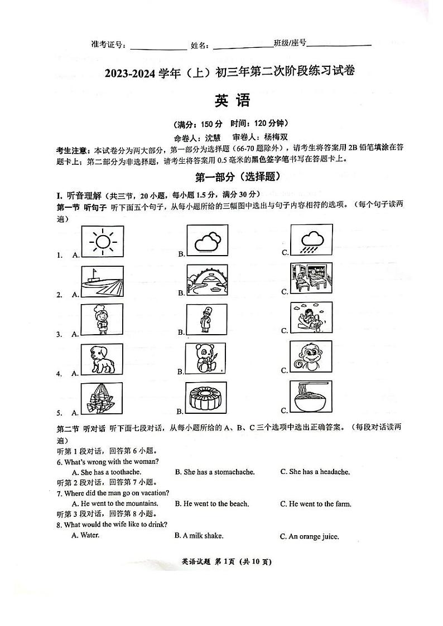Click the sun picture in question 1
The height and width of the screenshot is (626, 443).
coord(103,241)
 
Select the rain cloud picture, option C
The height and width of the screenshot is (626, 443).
coord(311,241)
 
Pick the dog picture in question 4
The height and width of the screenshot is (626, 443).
coord(103,359)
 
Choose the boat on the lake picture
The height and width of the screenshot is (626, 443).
coord(103,281)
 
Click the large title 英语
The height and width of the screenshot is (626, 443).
coord(232,101)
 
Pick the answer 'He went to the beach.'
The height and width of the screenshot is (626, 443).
coord(211,504)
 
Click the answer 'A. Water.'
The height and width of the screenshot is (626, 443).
coord(85,535)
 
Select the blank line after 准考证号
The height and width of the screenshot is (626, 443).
coord(158,46)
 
